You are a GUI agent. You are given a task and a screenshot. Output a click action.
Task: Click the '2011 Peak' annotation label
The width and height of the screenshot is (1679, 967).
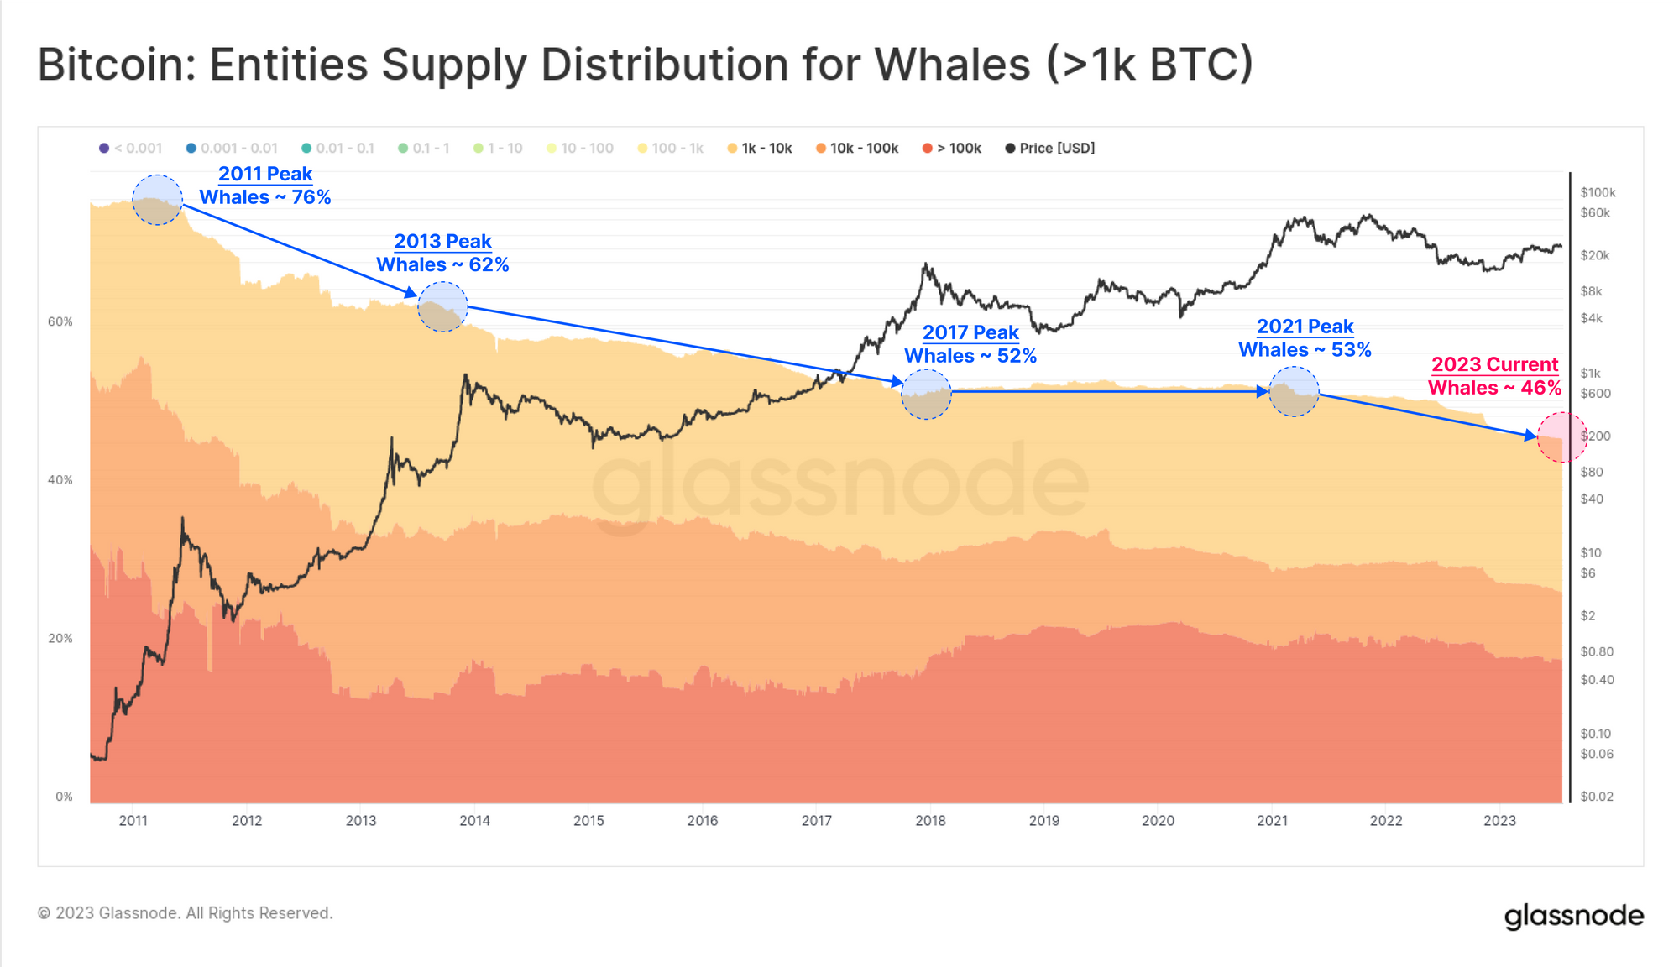tap(265, 174)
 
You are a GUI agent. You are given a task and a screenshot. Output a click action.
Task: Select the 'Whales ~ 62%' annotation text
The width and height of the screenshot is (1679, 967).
tap(442, 264)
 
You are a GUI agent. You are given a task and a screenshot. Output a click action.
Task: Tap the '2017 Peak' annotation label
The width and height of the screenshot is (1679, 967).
tap(970, 332)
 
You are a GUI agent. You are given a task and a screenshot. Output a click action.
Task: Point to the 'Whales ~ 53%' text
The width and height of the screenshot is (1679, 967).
tap(1305, 349)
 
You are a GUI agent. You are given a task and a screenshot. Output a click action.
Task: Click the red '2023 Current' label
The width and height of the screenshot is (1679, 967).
tap(1494, 364)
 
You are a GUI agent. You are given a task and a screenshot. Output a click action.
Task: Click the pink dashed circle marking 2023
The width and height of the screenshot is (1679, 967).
tap(1561, 437)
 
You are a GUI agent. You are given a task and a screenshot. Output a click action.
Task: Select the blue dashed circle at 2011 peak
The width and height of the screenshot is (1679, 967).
tap(157, 200)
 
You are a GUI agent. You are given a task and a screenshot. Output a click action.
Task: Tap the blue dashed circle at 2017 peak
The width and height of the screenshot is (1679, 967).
tap(926, 394)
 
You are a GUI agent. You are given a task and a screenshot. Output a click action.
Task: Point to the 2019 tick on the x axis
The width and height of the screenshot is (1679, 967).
tap(1043, 820)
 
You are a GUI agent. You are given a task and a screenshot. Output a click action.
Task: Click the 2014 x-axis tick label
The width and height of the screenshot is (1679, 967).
tap(474, 820)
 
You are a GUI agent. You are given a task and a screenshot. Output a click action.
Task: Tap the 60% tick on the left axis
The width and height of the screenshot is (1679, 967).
tap(60, 321)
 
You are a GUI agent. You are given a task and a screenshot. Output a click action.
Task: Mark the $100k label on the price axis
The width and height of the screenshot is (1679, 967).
tap(1598, 192)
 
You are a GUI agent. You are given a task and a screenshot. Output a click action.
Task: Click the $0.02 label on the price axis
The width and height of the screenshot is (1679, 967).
tap(1596, 796)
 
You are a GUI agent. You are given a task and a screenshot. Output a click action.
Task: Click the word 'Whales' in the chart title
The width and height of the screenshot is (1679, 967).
tap(952, 65)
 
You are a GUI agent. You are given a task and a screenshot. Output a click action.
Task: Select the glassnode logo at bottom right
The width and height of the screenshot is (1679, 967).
tap(1573, 916)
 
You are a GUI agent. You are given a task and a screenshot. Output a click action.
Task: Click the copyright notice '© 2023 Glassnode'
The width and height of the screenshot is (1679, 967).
tap(185, 913)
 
